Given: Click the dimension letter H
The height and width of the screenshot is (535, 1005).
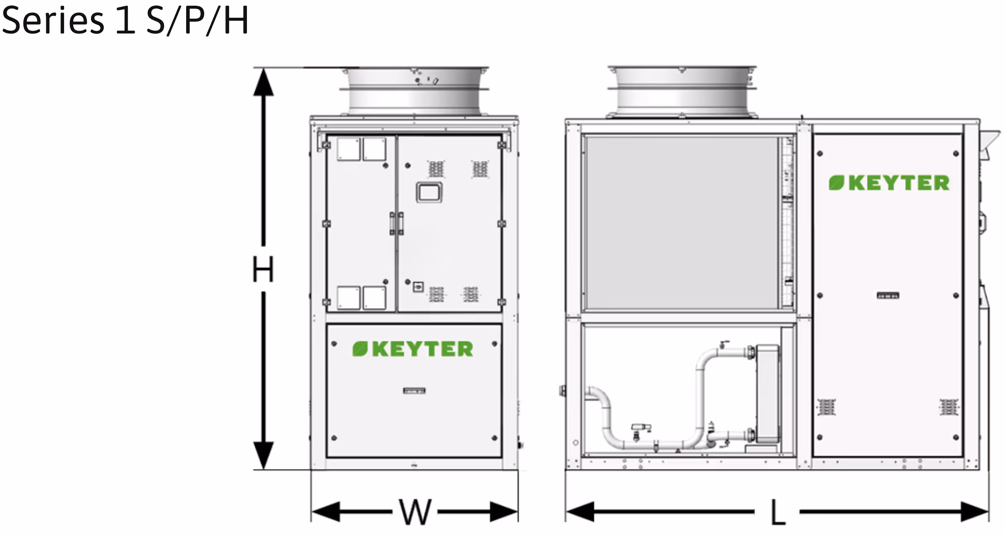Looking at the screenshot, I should [x=263, y=269].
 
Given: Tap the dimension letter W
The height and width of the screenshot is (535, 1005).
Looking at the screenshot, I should [x=415, y=512].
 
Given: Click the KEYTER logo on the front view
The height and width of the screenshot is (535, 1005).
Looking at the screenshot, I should [x=413, y=349].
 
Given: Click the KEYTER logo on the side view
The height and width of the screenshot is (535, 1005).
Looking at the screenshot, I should [x=889, y=183].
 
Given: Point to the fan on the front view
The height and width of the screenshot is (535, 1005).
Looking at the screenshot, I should [x=414, y=91].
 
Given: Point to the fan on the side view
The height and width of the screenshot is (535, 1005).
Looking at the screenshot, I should [x=682, y=91].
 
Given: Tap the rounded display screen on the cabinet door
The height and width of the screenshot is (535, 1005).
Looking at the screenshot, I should [x=429, y=192].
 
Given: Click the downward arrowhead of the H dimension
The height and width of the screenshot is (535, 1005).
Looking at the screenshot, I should [x=263, y=455].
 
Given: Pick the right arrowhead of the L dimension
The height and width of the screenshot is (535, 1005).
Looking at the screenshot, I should [x=974, y=512].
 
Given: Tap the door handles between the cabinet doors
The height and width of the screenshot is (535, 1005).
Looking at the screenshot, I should [x=397, y=223].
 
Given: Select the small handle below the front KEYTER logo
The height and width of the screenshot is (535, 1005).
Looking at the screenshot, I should [x=414, y=390].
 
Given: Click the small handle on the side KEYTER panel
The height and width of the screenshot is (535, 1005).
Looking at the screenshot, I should [x=888, y=295].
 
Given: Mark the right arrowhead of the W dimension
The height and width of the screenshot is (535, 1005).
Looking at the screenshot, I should [x=504, y=512].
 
